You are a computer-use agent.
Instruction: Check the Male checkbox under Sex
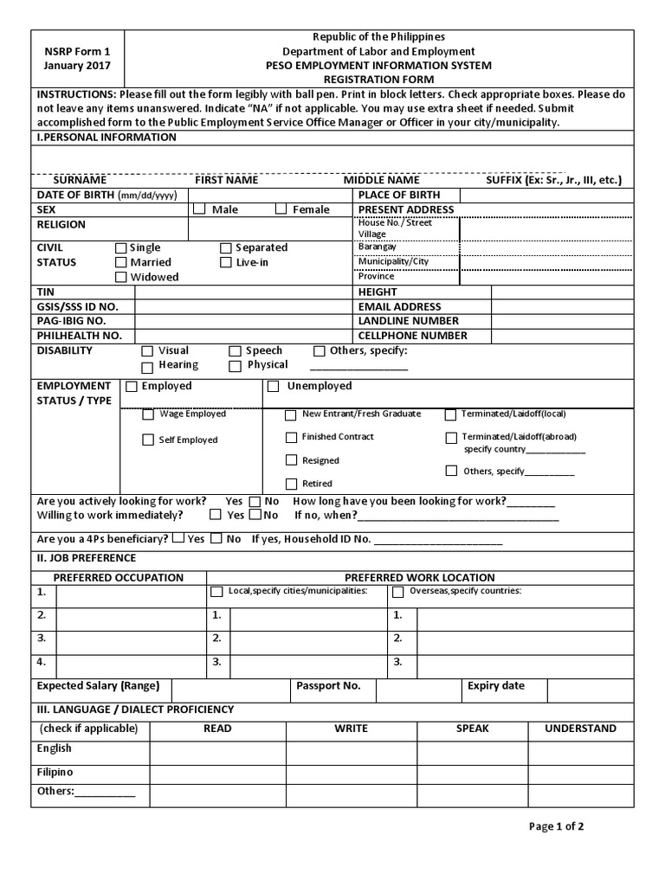click(199, 209)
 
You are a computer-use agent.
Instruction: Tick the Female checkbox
click(281, 209)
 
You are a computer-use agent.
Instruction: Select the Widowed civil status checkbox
click(120, 277)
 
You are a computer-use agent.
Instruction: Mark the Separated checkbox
click(226, 247)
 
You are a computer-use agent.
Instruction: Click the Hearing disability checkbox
click(147, 366)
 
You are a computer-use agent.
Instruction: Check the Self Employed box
click(148, 440)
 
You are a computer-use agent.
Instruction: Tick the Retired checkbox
click(291, 483)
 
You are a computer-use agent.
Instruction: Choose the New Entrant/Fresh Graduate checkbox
click(291, 414)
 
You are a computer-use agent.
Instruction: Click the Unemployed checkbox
click(274, 386)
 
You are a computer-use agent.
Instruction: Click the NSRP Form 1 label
click(76, 52)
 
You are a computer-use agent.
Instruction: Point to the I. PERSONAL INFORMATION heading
click(106, 138)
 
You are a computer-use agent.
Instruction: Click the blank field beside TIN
click(243, 292)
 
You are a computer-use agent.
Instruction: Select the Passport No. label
click(328, 686)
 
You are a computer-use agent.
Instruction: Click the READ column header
click(217, 729)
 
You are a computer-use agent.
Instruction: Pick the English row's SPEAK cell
click(473, 753)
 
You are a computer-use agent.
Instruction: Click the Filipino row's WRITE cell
click(352, 775)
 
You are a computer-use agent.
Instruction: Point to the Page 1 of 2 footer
click(557, 826)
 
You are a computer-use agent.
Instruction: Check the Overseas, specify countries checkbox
click(398, 593)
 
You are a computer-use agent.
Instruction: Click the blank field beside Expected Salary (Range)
click(229, 689)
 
